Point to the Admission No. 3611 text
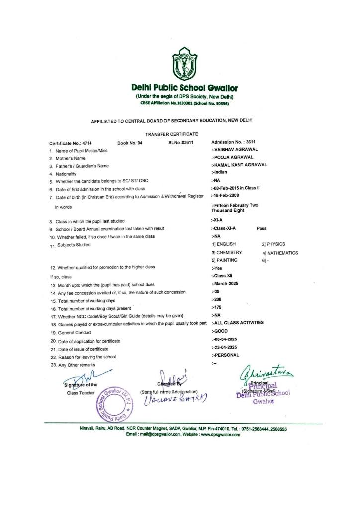coord(230,143)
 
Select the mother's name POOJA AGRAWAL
coord(233,157)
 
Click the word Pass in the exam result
coord(262,228)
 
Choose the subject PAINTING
coord(224,260)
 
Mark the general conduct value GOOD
coord(219,331)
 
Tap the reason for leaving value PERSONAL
coord(226,355)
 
